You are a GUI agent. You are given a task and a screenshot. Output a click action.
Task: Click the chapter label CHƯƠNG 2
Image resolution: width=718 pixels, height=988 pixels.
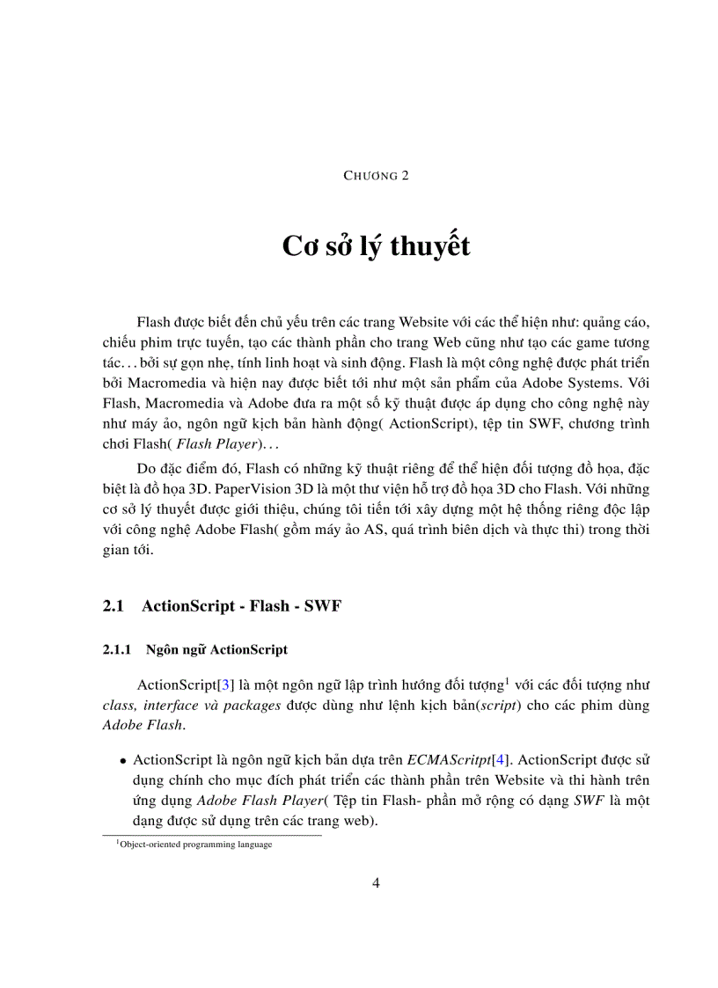pos(376,175)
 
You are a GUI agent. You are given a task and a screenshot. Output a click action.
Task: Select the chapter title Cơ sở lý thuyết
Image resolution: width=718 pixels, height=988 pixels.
pos(376,247)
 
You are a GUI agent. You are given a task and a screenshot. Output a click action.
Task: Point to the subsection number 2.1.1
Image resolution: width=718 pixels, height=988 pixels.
pos(117,650)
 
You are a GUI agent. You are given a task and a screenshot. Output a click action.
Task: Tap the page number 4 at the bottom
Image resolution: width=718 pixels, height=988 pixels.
pos(376,882)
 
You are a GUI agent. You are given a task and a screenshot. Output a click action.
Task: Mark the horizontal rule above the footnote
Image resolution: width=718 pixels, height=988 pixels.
pos(212,835)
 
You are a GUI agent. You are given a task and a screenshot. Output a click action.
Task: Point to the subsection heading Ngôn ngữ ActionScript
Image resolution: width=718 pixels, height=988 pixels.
pos(217,650)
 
